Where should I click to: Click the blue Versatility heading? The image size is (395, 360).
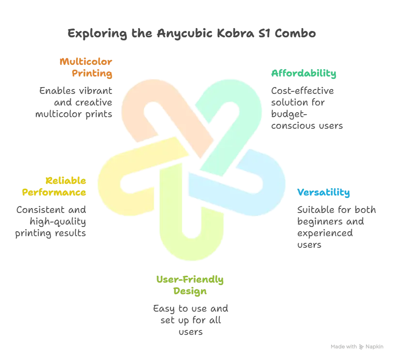[324, 193]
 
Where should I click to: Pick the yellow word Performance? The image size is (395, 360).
[54, 192]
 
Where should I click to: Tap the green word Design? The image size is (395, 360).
[190, 292]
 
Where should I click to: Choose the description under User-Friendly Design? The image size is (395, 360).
[190, 319]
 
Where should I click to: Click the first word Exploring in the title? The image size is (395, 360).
[91, 34]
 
